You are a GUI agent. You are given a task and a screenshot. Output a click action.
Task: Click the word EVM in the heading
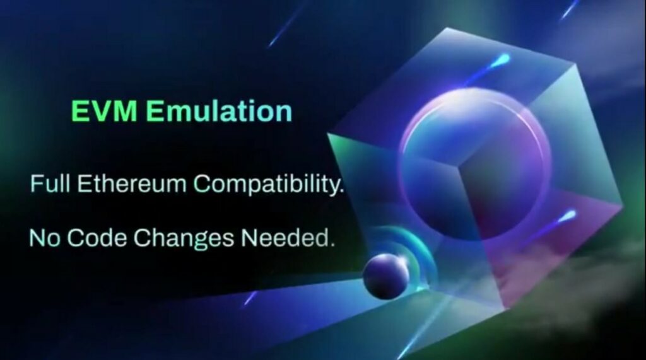click(104, 111)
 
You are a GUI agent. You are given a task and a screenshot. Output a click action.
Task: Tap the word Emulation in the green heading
click(219, 111)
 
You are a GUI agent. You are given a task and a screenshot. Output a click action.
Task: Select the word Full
click(50, 183)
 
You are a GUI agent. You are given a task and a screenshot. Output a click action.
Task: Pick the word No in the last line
click(45, 238)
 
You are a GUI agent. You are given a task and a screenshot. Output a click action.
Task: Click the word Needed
click(284, 238)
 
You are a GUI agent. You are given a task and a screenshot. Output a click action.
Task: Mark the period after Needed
click(331, 245)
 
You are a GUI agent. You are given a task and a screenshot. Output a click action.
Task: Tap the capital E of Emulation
click(155, 111)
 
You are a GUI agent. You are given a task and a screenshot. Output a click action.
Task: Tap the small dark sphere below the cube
click(385, 275)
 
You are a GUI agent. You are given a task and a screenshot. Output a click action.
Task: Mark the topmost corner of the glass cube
click(449, 28)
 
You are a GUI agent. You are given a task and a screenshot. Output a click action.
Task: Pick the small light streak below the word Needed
click(250, 298)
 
